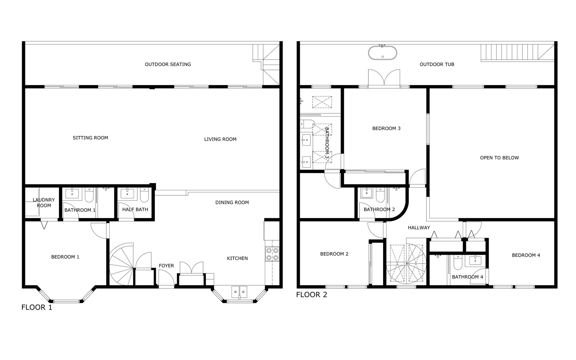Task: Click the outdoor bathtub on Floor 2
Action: (382, 53)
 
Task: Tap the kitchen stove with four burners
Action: (272, 254)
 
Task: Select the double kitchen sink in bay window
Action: (239, 292)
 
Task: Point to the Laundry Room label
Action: (44, 203)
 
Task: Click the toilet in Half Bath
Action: (144, 196)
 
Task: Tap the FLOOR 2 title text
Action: (311, 295)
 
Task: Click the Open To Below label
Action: (499, 158)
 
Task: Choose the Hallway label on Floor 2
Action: (419, 228)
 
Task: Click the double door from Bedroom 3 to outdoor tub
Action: (384, 79)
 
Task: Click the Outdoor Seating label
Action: (168, 64)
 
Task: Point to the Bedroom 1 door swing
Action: (99, 230)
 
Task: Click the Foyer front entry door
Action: (166, 278)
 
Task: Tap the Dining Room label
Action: (232, 202)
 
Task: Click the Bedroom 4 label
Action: (526, 255)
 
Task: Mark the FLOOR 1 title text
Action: (37, 307)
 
